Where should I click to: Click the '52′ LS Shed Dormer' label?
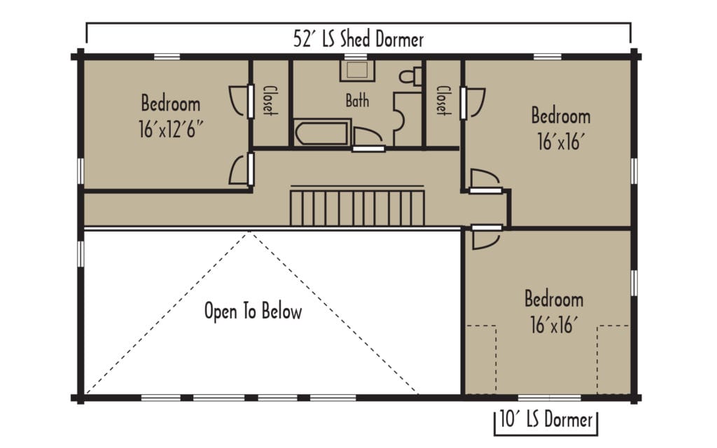pos(358,39)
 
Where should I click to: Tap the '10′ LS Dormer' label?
pos(546,420)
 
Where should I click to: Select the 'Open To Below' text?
pos(253,311)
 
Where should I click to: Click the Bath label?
pos(357,101)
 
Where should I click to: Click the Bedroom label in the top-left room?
pos(170,104)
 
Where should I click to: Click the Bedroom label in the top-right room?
pos(560,115)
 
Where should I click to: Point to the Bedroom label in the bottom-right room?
pos(554,300)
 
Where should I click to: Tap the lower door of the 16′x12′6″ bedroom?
pos(239,170)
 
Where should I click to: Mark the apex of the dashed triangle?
pos(249,233)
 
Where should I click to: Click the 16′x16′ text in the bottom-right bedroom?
pos(554,325)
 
